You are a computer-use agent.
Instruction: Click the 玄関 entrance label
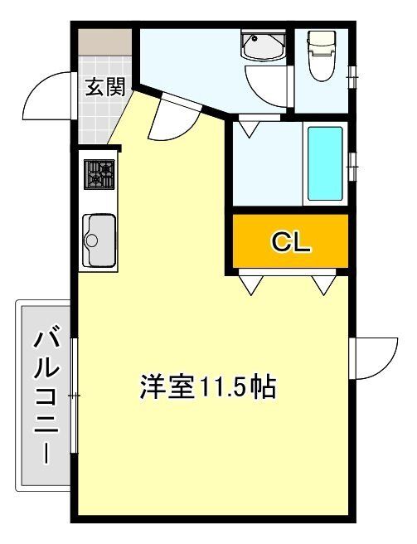click(104, 85)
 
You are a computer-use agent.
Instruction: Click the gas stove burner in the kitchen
click(101, 175)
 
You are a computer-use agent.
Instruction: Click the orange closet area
click(290, 241)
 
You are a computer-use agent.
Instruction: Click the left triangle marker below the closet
click(250, 284)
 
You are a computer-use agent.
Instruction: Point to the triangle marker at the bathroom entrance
click(248, 129)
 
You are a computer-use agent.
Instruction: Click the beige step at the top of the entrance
click(105, 39)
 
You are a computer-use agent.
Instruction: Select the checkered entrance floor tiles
click(98, 116)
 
